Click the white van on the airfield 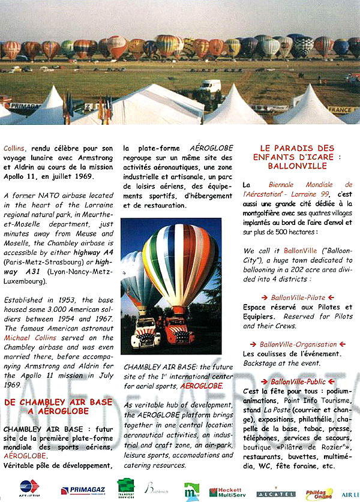pos(210,86)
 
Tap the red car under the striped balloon pos(178,331)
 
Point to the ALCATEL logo pos(275,493)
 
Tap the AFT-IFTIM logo pos(29,487)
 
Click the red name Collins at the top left pos(14,148)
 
